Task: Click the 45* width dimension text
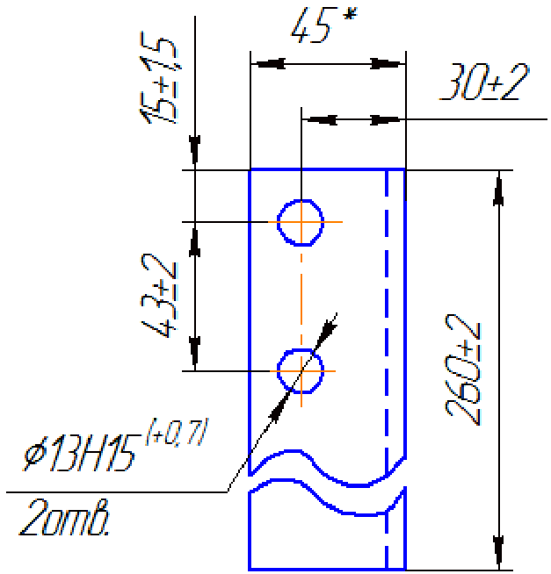click(x=323, y=25)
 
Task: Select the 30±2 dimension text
click(x=484, y=82)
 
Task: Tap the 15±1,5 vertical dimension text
click(x=158, y=77)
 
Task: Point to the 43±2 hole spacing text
click(x=158, y=295)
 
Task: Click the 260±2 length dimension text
click(x=462, y=370)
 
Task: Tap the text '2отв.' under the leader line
click(x=64, y=518)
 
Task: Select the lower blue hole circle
click(x=279, y=371)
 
